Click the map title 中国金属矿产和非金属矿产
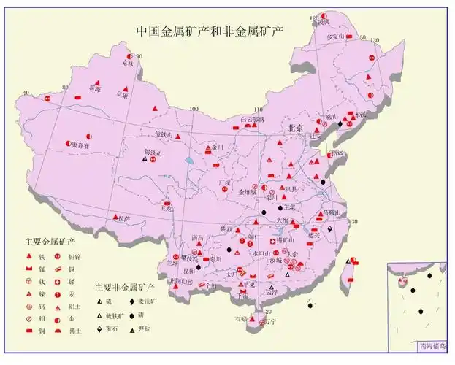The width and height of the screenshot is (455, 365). pos(210,31)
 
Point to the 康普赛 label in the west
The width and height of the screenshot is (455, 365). pos(80,145)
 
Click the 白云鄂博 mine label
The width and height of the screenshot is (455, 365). pos(253,119)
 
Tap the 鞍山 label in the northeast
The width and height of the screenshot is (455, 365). pos(332,116)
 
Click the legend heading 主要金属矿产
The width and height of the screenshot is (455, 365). pos(50,240)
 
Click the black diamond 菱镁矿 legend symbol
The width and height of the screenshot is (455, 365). pos(131,301)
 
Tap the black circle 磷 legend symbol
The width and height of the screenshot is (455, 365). pos(131,315)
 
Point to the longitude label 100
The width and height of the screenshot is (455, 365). pos(194,109)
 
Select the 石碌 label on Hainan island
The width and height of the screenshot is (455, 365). pos(240,320)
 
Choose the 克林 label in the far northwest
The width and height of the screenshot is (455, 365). pos(128,64)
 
